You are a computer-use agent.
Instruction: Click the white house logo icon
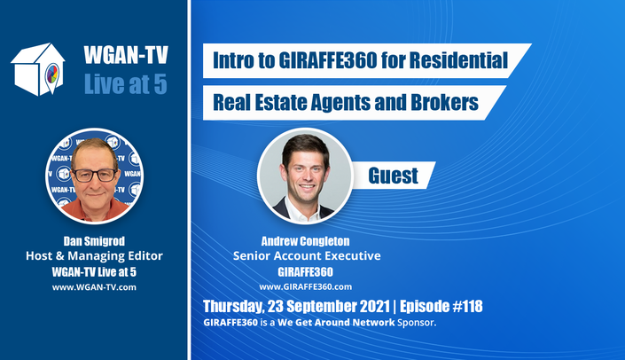coord(38,69)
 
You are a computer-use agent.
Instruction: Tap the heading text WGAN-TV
coord(126,55)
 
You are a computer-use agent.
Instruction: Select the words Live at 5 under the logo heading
coord(126,84)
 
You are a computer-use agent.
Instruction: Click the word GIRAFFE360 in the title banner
coord(328,60)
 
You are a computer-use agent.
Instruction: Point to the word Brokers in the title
coord(444,103)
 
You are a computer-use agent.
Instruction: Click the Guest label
coord(393,176)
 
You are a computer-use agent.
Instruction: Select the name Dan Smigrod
coord(94,241)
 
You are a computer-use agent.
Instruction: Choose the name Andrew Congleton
coord(305,241)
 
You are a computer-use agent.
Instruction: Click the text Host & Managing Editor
coord(94,256)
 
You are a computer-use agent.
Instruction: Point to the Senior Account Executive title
coord(307,256)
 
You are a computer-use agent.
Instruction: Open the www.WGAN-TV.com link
coord(94,287)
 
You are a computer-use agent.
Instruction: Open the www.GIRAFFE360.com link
coord(305,287)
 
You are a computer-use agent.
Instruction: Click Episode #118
coord(441,306)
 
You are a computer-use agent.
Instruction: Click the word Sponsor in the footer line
coord(417,323)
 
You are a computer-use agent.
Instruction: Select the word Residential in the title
coord(458,60)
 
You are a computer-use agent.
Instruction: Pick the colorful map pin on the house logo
coord(51,75)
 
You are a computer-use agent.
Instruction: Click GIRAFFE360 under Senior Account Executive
coord(305,272)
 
